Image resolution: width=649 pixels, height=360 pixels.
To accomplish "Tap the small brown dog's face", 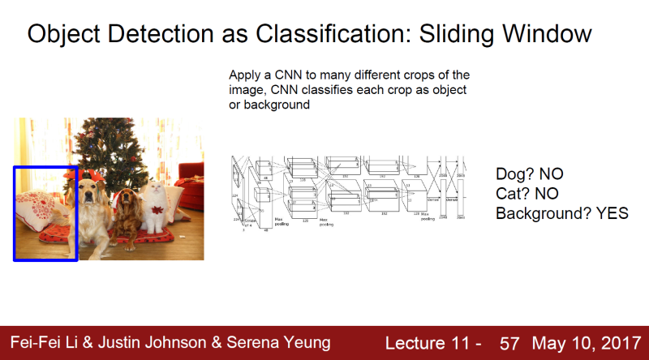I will pyautogui.click(x=126, y=199).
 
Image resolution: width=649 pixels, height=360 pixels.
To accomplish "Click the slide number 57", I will pyautogui.click(x=509, y=343).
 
